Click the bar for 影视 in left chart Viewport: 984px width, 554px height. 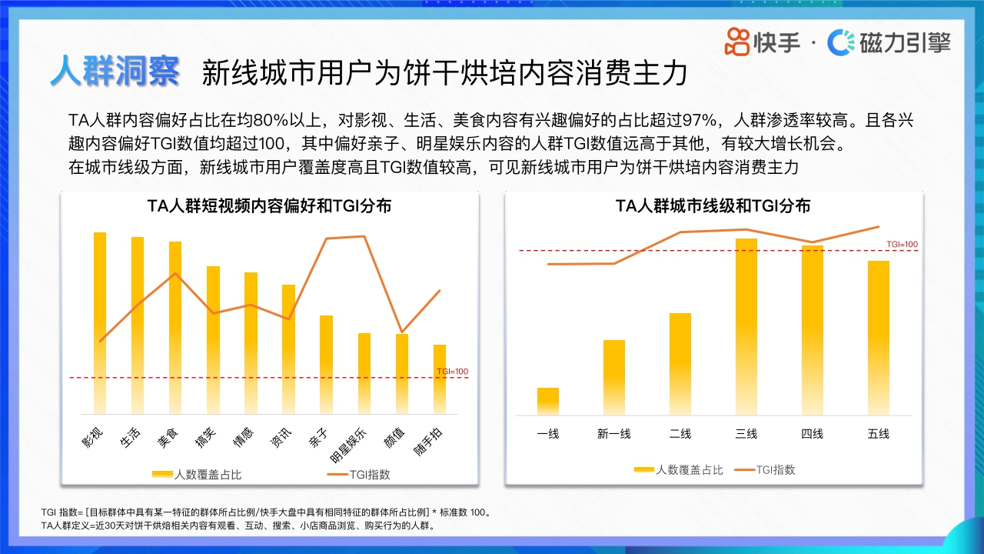(x=100, y=323)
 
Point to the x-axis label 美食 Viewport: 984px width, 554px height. (x=168, y=436)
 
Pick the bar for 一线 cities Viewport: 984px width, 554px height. (x=548, y=401)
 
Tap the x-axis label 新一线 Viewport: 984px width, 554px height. (x=613, y=434)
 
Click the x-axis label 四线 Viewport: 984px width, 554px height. (x=813, y=434)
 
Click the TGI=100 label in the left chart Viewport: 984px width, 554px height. (x=452, y=372)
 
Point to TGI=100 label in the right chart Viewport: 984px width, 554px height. (x=902, y=245)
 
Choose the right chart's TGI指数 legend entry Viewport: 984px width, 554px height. (x=765, y=469)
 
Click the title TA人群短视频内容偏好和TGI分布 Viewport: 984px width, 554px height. (x=269, y=206)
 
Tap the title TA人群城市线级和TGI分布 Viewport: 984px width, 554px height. (x=713, y=206)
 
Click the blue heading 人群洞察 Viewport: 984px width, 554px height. (x=115, y=72)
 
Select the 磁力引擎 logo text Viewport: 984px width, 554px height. (x=905, y=42)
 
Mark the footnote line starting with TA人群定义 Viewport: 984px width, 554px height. (x=238, y=526)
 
